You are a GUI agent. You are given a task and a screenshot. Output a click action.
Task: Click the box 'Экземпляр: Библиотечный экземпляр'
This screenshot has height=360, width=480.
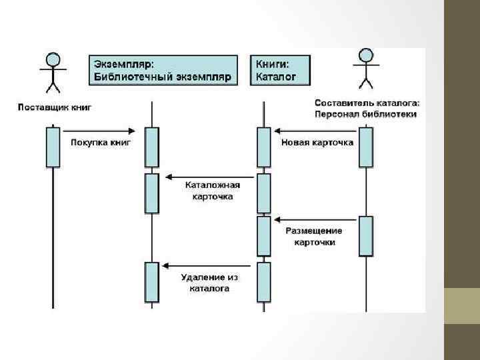tap(163, 70)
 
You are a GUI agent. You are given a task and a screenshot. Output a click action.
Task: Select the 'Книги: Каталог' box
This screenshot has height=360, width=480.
tap(282, 70)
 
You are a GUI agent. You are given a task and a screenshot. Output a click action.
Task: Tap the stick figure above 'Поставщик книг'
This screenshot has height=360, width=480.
tap(53, 71)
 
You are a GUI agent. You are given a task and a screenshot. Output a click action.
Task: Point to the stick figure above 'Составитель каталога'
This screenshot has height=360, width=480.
tap(365, 68)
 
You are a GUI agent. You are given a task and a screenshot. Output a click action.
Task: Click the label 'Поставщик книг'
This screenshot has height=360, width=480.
tap(54, 107)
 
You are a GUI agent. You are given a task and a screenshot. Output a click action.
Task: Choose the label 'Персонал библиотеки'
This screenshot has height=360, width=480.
tap(366, 114)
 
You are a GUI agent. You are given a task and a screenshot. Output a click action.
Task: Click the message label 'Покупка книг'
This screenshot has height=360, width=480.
tap(101, 142)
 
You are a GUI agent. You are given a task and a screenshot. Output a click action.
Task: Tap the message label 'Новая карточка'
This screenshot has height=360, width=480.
tap(317, 142)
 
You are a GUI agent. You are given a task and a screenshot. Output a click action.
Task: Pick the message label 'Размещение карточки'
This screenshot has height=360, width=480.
tap(314, 236)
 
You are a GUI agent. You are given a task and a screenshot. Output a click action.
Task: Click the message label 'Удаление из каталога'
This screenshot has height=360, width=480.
tap(209, 283)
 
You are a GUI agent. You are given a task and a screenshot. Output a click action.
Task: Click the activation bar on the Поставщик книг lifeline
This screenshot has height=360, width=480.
tap(53, 147)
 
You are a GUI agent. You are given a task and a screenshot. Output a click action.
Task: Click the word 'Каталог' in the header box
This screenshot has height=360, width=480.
tap(273, 77)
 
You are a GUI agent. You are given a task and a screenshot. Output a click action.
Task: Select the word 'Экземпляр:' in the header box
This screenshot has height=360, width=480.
tap(123, 63)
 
